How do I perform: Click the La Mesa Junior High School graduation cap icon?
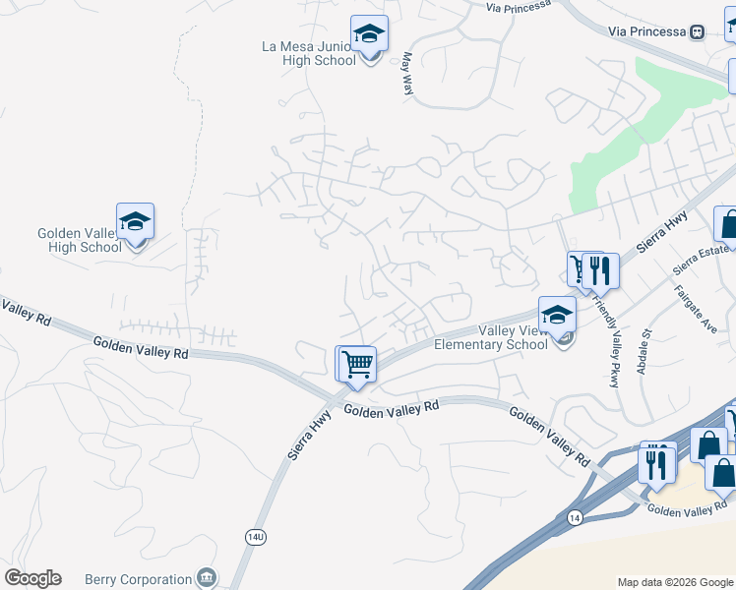click(370, 35)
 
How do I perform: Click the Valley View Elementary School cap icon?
click(557, 316)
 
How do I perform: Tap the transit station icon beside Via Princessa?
click(698, 31)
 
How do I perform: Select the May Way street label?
click(406, 74)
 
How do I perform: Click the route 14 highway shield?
click(574, 517)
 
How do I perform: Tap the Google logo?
click(32, 577)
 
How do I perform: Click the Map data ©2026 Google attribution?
click(674, 582)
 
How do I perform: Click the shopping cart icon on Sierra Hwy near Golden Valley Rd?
click(357, 363)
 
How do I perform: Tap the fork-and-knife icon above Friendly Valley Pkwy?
click(600, 270)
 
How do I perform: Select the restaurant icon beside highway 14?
click(656, 462)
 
